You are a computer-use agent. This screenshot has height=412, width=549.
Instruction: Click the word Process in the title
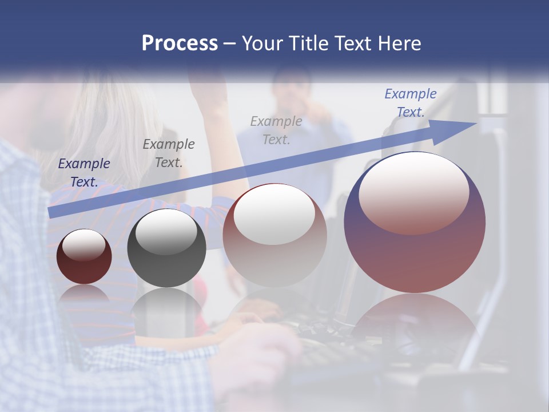[180, 43]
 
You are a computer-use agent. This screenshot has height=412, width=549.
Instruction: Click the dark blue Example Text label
[83, 173]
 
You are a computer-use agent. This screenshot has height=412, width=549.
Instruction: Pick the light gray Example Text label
[276, 130]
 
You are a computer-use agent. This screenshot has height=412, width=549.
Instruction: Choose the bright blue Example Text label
[411, 103]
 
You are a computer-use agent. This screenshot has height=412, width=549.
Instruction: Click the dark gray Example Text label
[169, 153]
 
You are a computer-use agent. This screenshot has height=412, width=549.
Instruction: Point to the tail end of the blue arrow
[50, 213]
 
